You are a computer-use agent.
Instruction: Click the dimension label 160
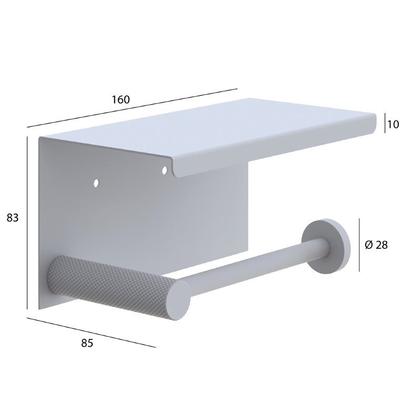click(120, 99)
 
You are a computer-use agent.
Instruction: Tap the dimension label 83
click(13, 218)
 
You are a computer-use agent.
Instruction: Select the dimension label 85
click(87, 343)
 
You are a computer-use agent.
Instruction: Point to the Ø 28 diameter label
click(376, 245)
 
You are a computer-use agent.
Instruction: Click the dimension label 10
click(393, 125)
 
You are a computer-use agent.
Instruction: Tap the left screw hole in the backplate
click(96, 183)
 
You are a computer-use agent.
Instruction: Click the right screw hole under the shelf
click(164, 170)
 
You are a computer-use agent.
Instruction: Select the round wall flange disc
click(326, 245)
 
